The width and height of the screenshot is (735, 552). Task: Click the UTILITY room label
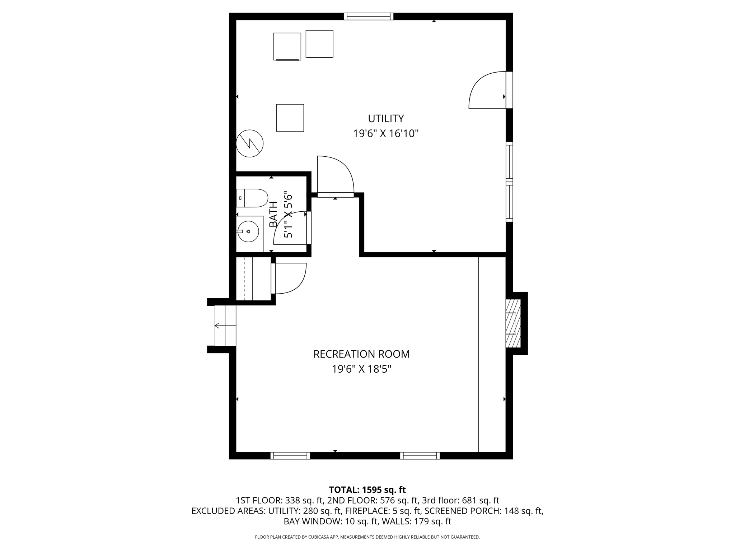tap(386, 118)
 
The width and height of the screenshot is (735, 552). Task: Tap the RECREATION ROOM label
tap(361, 354)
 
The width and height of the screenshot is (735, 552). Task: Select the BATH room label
tap(273, 214)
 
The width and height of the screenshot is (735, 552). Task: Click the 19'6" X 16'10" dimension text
tap(386, 134)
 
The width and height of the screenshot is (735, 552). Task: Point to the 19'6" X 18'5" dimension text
tap(361, 369)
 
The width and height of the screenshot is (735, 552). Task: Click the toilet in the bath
tap(253, 198)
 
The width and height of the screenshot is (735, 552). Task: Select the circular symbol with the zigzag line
tap(250, 143)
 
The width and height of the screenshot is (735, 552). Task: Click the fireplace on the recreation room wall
tap(513, 323)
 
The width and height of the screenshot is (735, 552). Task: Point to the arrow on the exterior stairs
tap(217, 326)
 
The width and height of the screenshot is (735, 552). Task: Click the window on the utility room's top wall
tap(369, 17)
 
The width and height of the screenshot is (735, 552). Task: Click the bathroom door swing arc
tap(289, 228)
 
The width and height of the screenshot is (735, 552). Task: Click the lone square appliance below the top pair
tap(290, 118)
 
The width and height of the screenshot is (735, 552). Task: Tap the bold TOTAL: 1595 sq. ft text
tap(367, 490)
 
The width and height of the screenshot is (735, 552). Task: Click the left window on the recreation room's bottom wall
tap(290, 456)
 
